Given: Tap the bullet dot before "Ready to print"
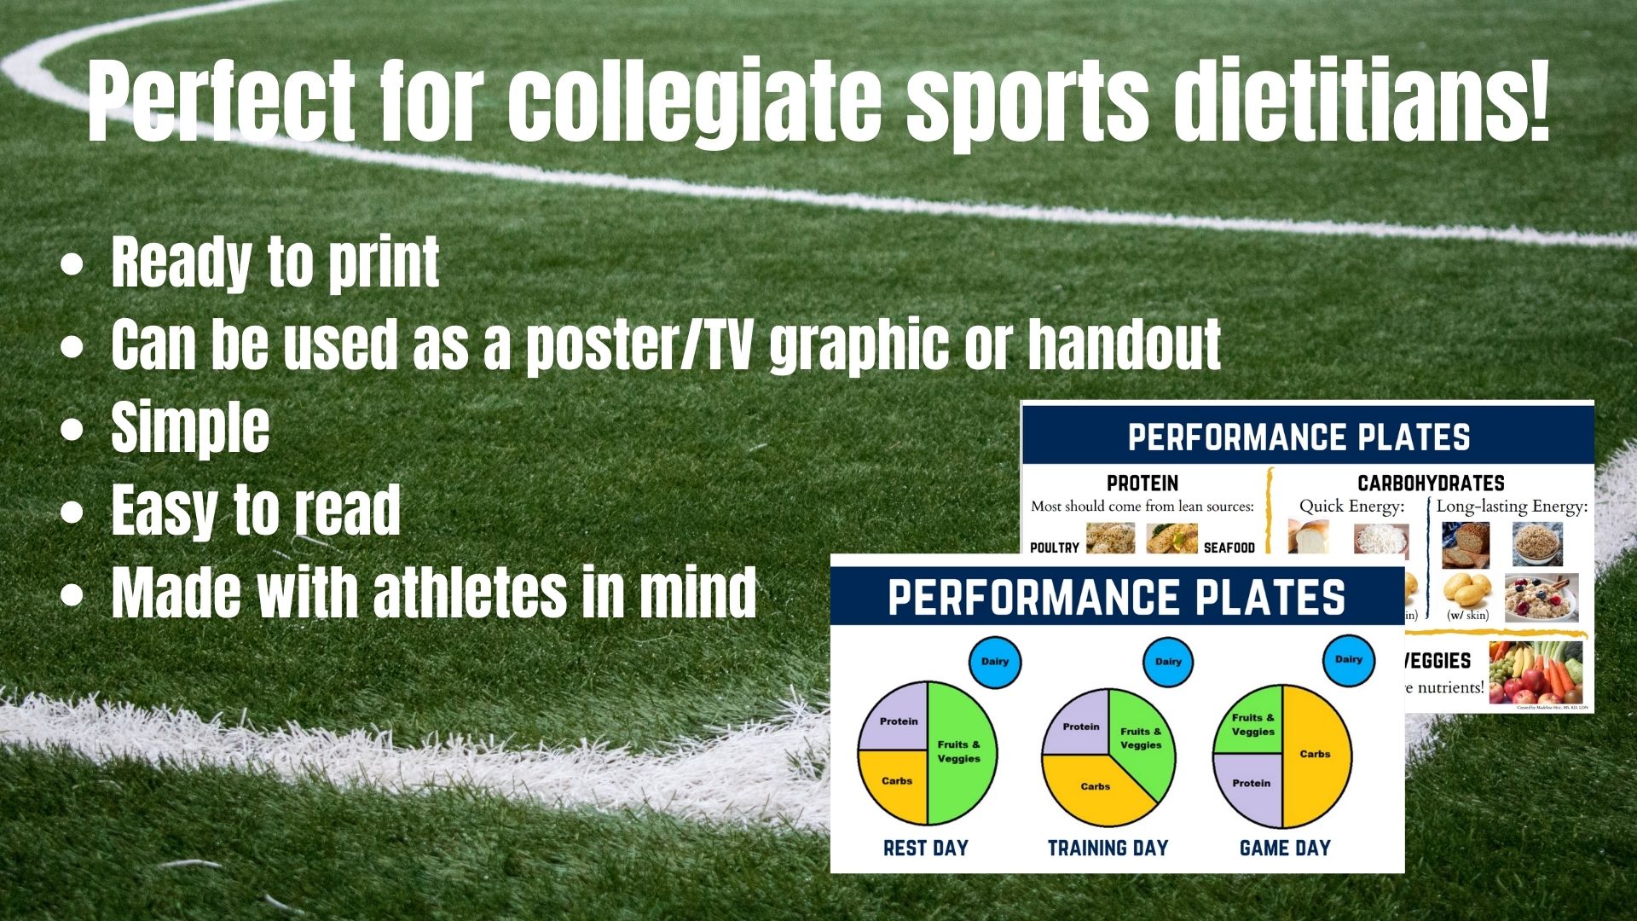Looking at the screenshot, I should [72, 265].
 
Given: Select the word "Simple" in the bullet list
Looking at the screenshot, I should [190, 428].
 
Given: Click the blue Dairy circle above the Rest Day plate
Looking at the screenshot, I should [995, 662].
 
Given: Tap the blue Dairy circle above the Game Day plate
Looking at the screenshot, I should [1348, 659].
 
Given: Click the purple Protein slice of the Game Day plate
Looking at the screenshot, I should [1249, 789].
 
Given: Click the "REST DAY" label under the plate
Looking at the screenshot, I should [926, 849].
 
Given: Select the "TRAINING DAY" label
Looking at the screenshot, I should [1108, 849].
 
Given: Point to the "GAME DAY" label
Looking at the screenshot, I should [1285, 849].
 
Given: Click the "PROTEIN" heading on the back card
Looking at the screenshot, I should [1142, 484].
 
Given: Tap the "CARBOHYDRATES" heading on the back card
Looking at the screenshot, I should [1431, 484].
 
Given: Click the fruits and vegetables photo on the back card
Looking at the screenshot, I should [1535, 674].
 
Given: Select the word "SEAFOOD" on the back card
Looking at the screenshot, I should [1229, 547].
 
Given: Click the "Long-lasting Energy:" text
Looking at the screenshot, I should [1512, 507].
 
